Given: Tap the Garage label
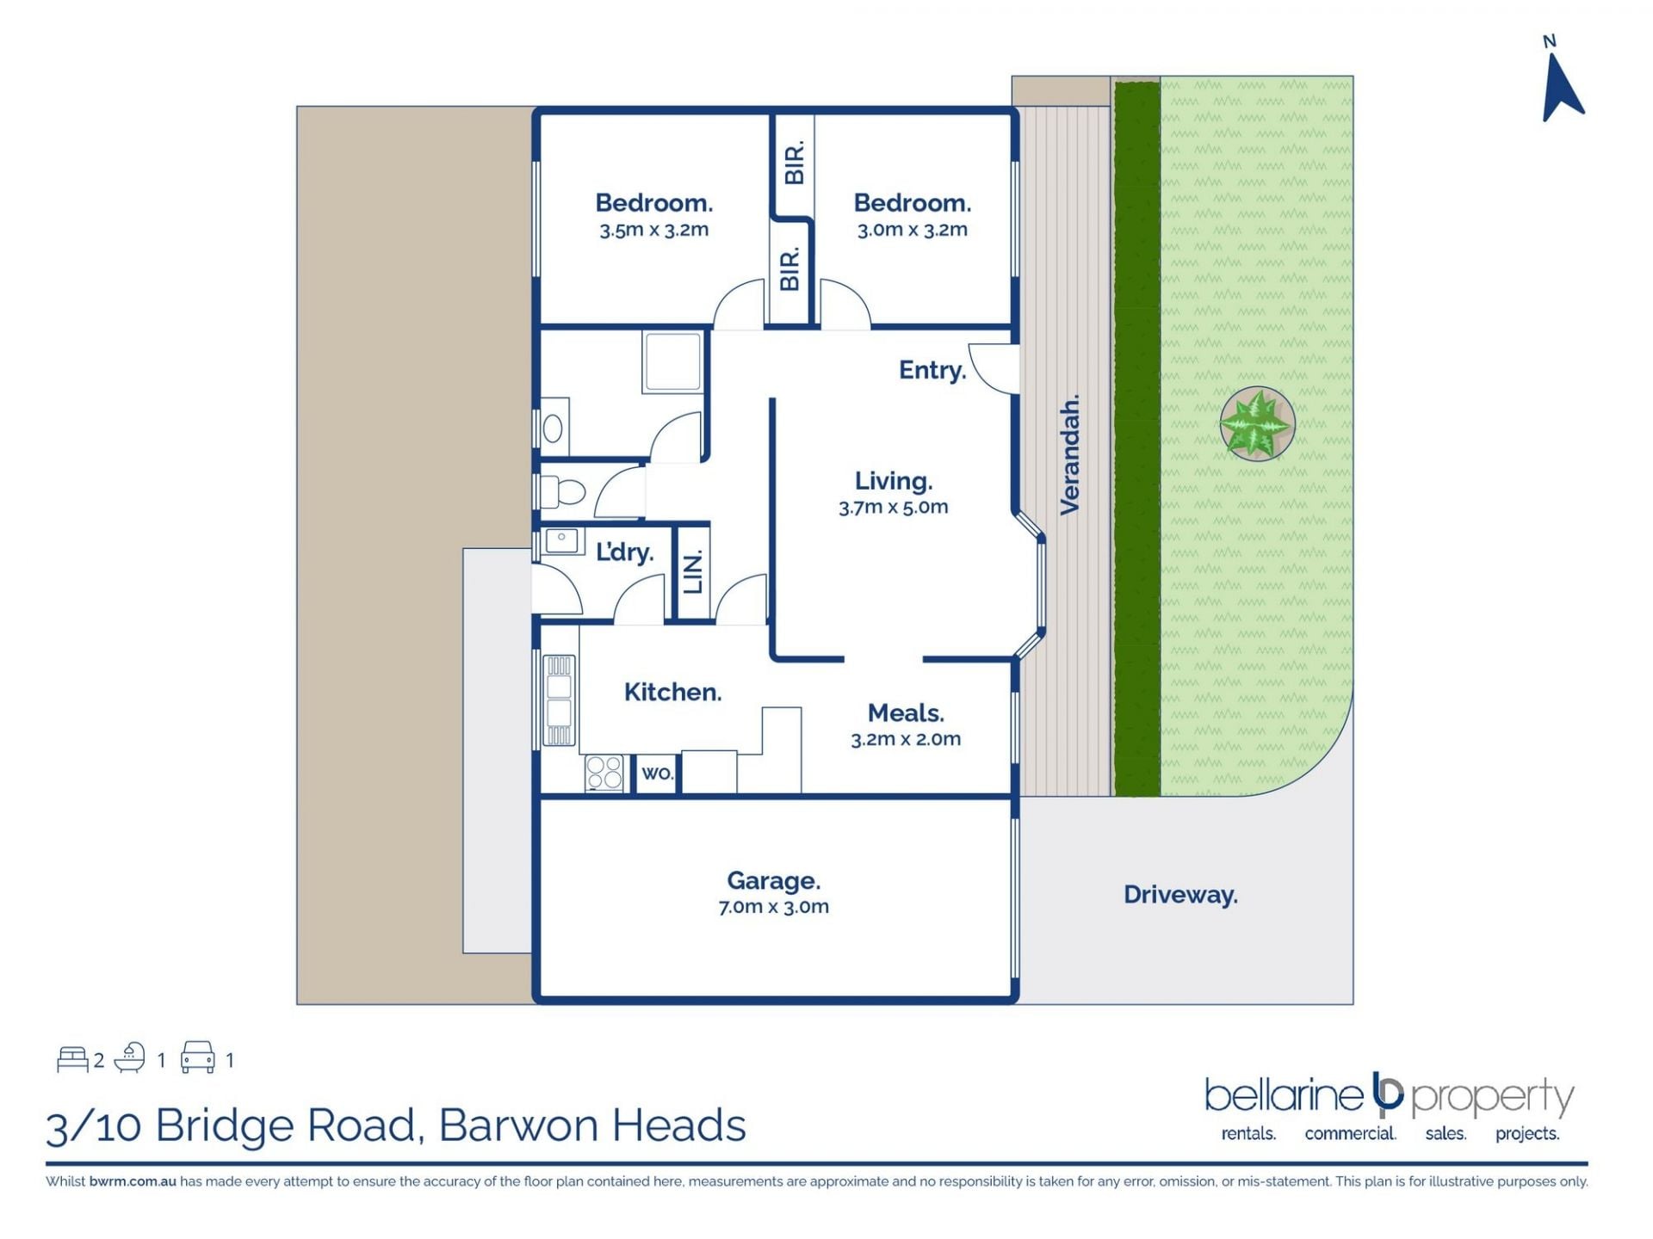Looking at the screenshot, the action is click(x=773, y=880).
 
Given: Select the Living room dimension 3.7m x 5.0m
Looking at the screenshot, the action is click(x=893, y=507).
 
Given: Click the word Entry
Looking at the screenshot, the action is click(x=932, y=370).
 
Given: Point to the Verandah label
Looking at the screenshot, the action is click(x=1069, y=455).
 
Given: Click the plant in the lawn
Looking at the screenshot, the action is click(x=1257, y=423).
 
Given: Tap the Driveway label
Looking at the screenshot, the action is click(x=1180, y=895).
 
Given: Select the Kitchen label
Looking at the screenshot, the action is click(x=672, y=692).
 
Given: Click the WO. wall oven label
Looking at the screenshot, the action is click(x=657, y=773).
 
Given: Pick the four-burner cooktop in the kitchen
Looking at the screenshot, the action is click(x=604, y=773).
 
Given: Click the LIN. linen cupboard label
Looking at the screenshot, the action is click(x=693, y=571).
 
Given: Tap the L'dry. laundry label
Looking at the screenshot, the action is click(x=625, y=552).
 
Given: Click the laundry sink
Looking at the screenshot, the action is click(x=561, y=541).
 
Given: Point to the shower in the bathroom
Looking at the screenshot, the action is click(x=672, y=362).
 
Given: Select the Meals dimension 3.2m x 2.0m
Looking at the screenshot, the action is click(x=906, y=739).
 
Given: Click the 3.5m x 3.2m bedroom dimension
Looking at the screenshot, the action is click(x=654, y=230).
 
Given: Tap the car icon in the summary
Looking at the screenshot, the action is click(x=197, y=1057).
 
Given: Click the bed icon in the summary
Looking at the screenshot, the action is click(x=72, y=1059).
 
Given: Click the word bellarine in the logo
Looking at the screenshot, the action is click(x=1284, y=1096).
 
